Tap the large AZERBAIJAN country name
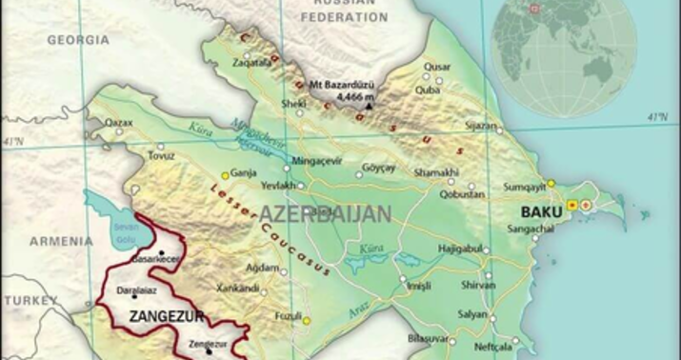pos(325,212)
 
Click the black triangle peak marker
pos(370,106)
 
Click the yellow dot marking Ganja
pos(226,175)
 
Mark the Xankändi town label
pos(238,289)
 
